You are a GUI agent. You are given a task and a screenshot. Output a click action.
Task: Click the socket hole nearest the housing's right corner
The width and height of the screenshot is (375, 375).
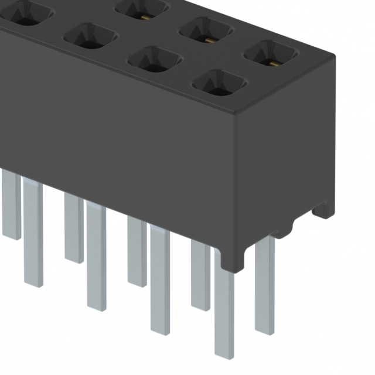point(271,53)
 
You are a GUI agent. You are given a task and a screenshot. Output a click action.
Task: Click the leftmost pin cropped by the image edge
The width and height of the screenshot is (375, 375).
point(11,205)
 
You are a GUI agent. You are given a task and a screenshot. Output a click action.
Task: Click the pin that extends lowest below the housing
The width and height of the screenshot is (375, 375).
point(224,305)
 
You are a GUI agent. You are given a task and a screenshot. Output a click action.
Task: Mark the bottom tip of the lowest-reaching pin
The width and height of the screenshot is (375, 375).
point(224,355)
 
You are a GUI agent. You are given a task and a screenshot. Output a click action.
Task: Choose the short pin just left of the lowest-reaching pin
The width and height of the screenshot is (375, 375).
point(200,275)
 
